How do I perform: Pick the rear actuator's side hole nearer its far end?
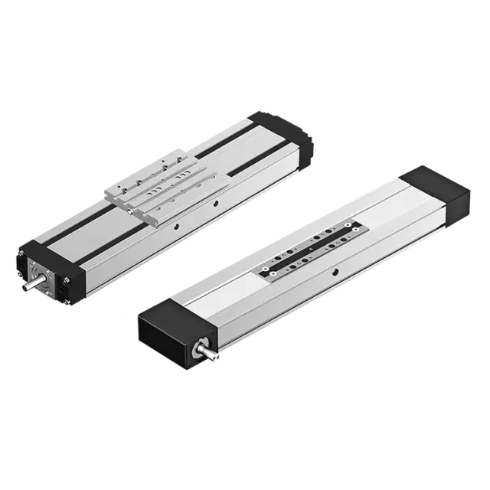click(217, 204)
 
